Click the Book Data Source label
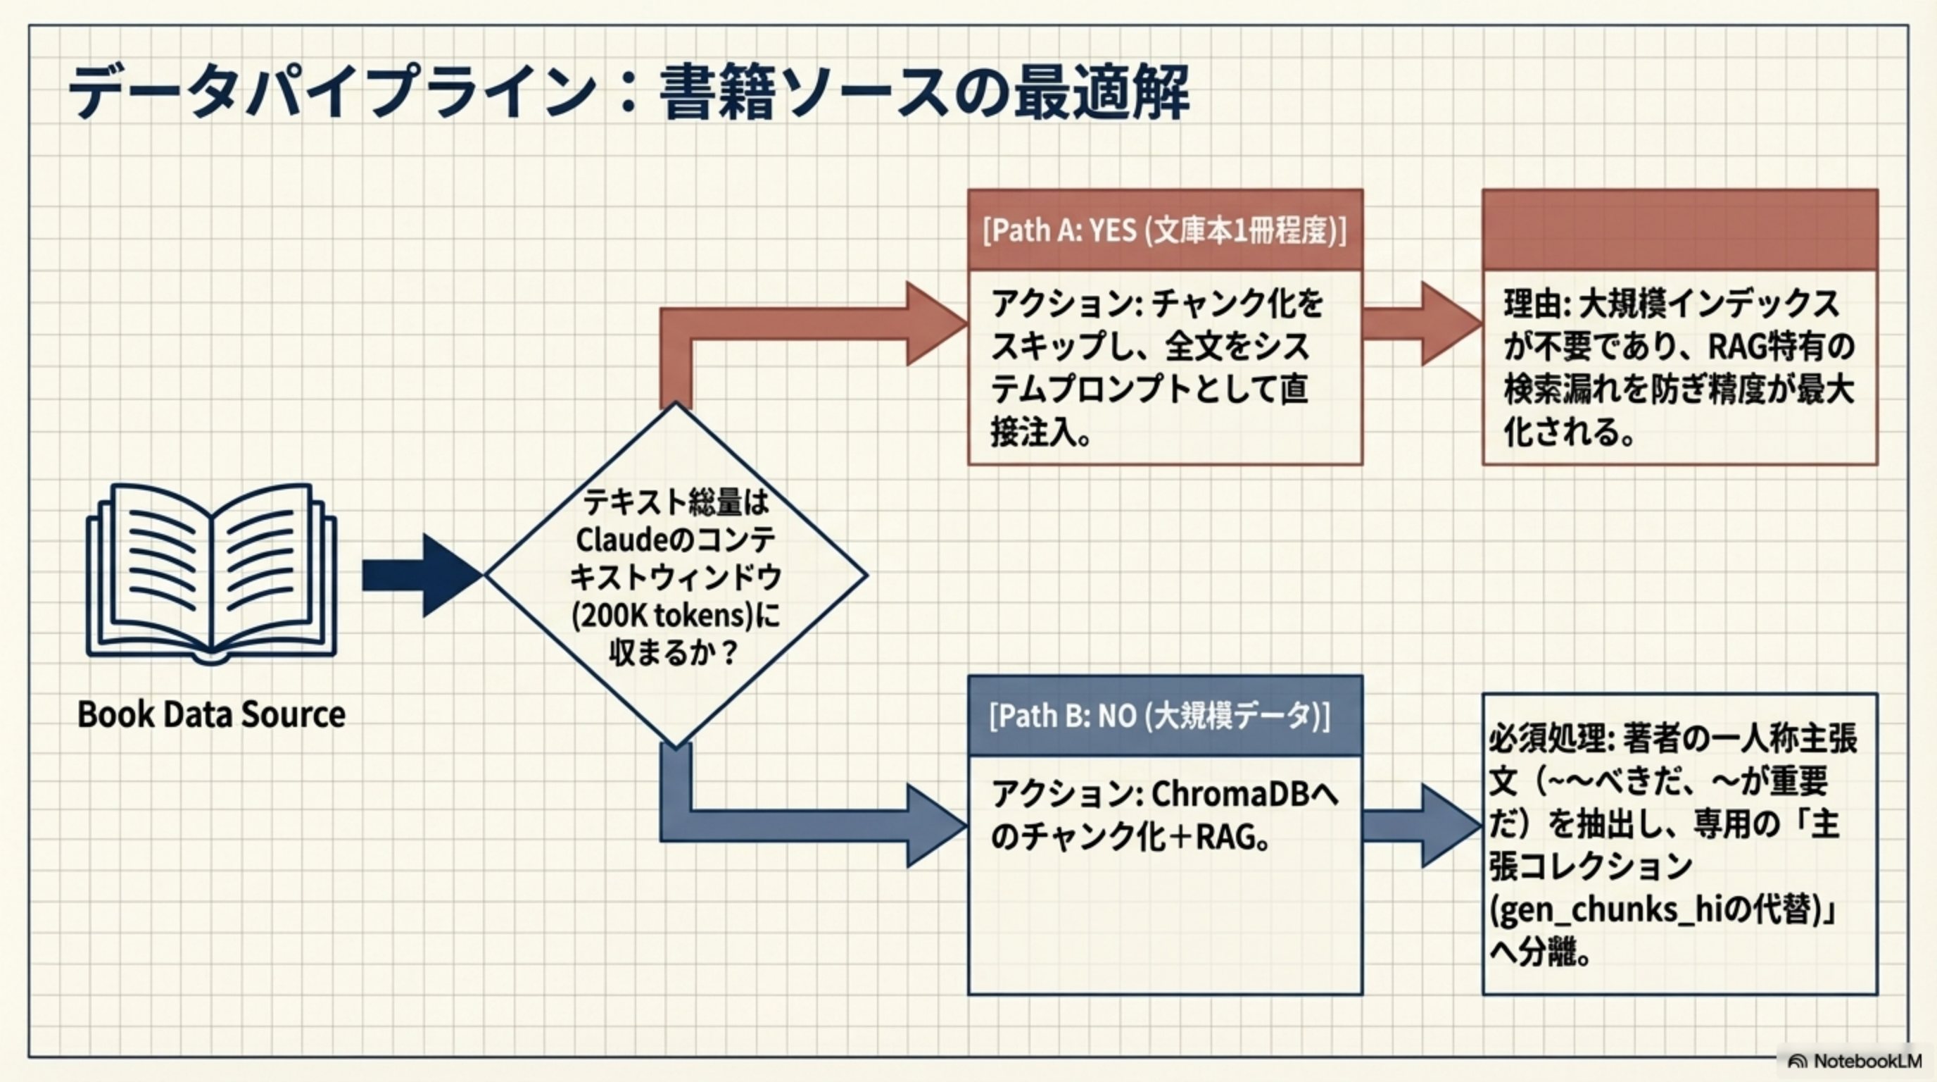211,714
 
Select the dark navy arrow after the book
421,576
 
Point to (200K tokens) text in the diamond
662,616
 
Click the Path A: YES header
1164,230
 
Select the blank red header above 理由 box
1679,230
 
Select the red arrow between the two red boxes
1421,323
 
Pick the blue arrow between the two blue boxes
1421,826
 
